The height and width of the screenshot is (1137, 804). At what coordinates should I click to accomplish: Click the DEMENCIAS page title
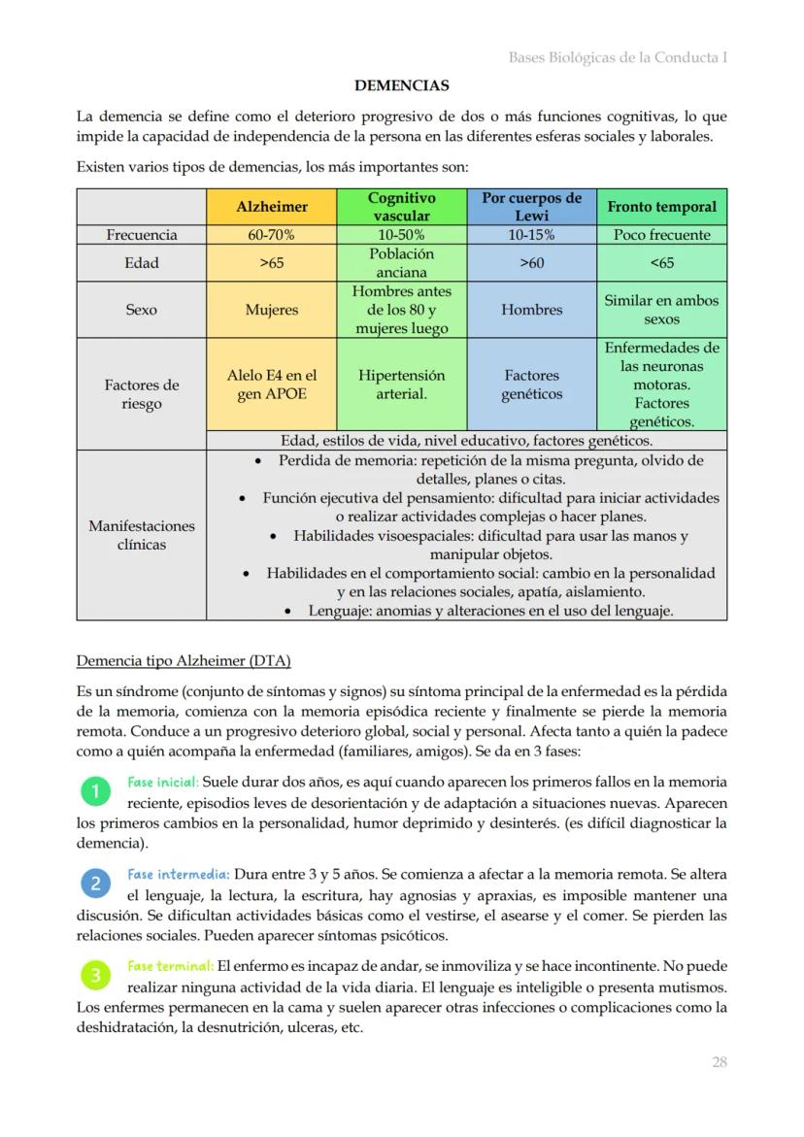tap(401, 85)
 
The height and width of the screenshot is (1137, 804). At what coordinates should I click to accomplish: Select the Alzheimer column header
tap(272, 207)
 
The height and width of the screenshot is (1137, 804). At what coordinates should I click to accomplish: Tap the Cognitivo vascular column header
tap(401, 207)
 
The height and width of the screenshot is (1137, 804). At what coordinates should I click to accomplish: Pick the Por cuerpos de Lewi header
tap(531, 207)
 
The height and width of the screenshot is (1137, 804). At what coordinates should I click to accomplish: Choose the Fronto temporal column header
tap(661, 207)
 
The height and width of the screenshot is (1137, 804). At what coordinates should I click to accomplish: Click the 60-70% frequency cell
tap(272, 235)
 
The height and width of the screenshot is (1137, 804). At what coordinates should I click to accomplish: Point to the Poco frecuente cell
tap(661, 235)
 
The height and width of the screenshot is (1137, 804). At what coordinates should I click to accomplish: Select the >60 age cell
tap(531, 263)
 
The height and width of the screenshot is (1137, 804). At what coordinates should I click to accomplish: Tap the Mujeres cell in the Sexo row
tap(272, 310)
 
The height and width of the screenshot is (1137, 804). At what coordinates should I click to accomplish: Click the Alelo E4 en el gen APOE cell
tap(272, 385)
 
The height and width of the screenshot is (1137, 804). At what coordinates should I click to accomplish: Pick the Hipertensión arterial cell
tap(401, 385)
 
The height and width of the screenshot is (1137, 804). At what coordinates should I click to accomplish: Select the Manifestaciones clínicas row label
tap(142, 535)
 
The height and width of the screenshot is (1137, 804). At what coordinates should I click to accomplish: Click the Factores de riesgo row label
tap(142, 394)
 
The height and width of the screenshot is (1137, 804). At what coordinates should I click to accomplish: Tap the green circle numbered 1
tap(95, 792)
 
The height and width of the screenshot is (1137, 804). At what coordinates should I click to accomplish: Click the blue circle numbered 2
tap(95, 884)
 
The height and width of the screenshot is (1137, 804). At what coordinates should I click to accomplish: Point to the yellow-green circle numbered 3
tap(95, 975)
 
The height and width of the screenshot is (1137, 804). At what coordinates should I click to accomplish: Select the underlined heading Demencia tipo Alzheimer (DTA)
tap(184, 661)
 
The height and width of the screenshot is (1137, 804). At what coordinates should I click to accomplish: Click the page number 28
tap(719, 1062)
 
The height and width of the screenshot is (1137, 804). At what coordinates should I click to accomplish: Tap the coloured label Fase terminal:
tap(170, 966)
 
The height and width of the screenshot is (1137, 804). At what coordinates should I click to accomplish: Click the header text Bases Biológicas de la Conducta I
tap(618, 57)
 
